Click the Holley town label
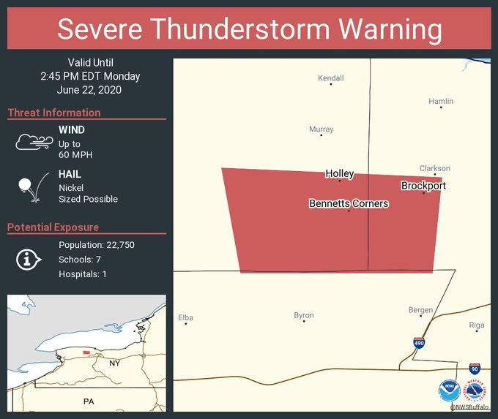340,173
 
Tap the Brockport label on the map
423,186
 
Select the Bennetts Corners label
349,203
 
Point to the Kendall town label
330,78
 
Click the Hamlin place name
441,101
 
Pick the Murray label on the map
321,129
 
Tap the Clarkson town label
434,168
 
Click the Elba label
186,317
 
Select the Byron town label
304,315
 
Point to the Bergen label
420,310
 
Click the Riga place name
476,325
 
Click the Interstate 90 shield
475,368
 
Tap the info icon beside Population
29,259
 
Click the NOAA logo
449,390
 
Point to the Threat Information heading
54,113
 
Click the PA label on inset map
89,401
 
